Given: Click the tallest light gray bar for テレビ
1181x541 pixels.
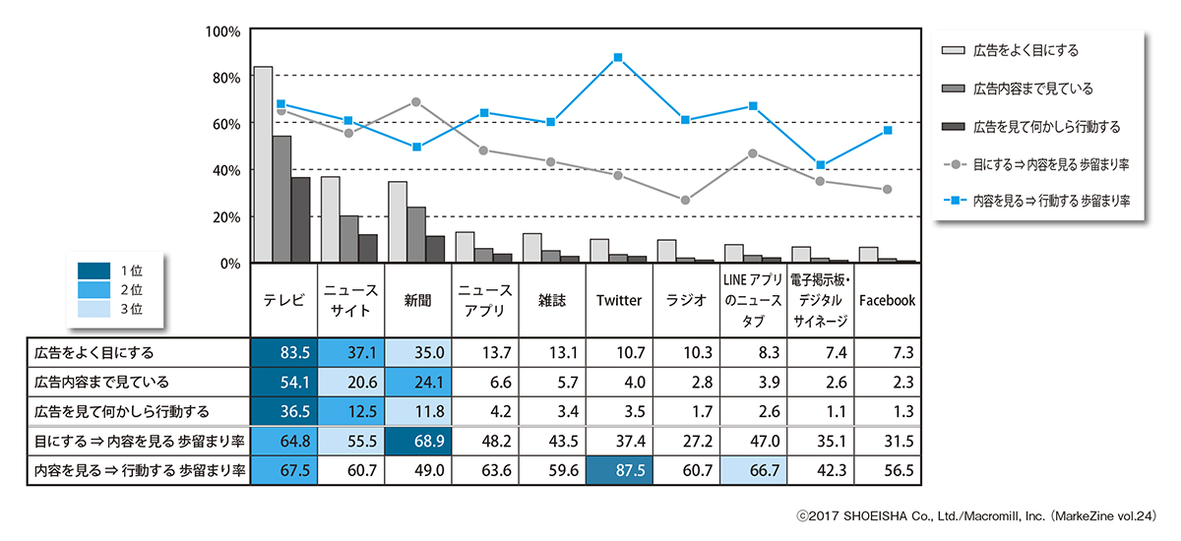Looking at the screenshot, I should (263, 164).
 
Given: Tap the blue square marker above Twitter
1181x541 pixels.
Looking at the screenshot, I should (618, 58).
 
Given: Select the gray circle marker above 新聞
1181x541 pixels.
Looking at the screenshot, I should (416, 102).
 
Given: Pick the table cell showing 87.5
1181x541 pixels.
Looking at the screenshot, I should (618, 470).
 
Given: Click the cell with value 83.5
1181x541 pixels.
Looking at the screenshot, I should (283, 352).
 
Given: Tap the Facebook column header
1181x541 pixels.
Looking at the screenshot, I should (887, 301).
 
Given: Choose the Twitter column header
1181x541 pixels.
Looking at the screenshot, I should (618, 301).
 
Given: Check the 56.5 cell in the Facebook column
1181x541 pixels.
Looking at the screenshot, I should (887, 470).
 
